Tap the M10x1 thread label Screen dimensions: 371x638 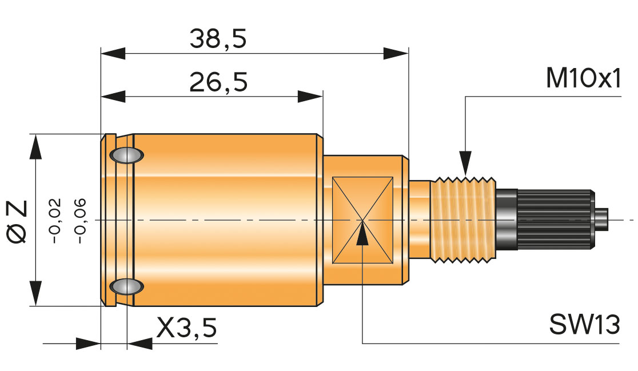(583, 80)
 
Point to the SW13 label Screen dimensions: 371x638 (584, 325)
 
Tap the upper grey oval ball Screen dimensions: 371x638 (127, 155)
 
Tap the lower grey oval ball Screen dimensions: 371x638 (127, 286)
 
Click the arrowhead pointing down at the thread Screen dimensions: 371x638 (465, 162)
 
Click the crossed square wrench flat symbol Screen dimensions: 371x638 (362, 220)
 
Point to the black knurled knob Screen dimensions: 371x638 (555, 220)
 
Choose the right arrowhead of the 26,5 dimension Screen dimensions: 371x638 (310, 97)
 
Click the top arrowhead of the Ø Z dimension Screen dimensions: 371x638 (36, 147)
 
